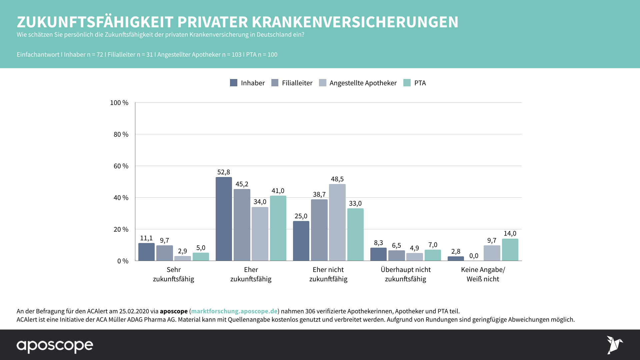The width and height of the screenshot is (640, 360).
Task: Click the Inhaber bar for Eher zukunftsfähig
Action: (224, 219)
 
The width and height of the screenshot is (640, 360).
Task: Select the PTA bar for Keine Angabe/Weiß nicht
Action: (510, 250)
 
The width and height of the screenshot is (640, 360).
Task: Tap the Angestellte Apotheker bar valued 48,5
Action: (337, 222)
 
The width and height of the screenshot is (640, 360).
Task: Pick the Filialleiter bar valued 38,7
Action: (319, 230)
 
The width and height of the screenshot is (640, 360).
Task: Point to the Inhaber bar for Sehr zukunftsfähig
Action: (146, 252)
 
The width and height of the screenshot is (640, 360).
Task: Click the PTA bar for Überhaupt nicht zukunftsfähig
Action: (433, 255)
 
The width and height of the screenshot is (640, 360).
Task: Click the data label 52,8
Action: (224, 172)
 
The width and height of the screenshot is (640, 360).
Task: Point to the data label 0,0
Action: (474, 256)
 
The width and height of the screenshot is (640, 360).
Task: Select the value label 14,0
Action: (510, 234)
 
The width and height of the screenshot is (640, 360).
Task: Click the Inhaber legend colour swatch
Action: (234, 83)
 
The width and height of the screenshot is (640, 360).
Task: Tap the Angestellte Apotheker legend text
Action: (363, 83)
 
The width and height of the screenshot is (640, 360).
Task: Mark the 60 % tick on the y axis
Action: (121, 166)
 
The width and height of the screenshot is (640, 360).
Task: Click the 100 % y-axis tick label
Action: (119, 103)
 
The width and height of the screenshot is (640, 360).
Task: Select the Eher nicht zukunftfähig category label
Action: (328, 274)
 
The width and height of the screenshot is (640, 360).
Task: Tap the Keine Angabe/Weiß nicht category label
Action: (483, 274)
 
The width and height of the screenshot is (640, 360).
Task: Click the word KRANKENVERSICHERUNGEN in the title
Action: (355, 22)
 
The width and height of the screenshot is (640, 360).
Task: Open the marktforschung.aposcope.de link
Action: (234, 311)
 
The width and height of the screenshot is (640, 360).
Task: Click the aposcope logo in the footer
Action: (55, 346)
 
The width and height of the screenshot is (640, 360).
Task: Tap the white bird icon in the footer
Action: (614, 345)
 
